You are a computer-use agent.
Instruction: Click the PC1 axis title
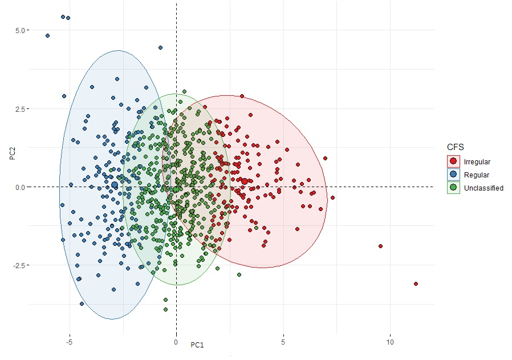click(x=197, y=345)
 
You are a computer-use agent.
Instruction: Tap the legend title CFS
click(x=456, y=147)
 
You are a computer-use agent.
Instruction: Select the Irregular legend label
click(x=477, y=162)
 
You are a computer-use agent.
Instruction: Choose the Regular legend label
click(x=477, y=175)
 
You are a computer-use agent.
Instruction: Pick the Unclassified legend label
click(x=484, y=188)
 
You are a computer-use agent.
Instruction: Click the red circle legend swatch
click(x=454, y=162)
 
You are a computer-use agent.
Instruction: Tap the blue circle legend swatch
click(x=454, y=175)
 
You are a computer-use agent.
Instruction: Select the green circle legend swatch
click(x=454, y=188)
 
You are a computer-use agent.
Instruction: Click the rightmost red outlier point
click(x=416, y=284)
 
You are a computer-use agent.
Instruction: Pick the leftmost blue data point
click(x=47, y=35)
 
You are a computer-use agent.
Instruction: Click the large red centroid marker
click(x=245, y=181)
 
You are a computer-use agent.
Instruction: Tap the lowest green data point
click(x=166, y=310)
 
